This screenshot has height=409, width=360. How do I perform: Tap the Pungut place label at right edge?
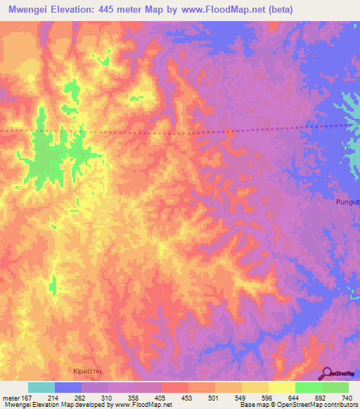tap(346, 202)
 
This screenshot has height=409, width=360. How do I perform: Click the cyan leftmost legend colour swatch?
tap(41, 387)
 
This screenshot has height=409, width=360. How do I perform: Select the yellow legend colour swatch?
tap(281, 387)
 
